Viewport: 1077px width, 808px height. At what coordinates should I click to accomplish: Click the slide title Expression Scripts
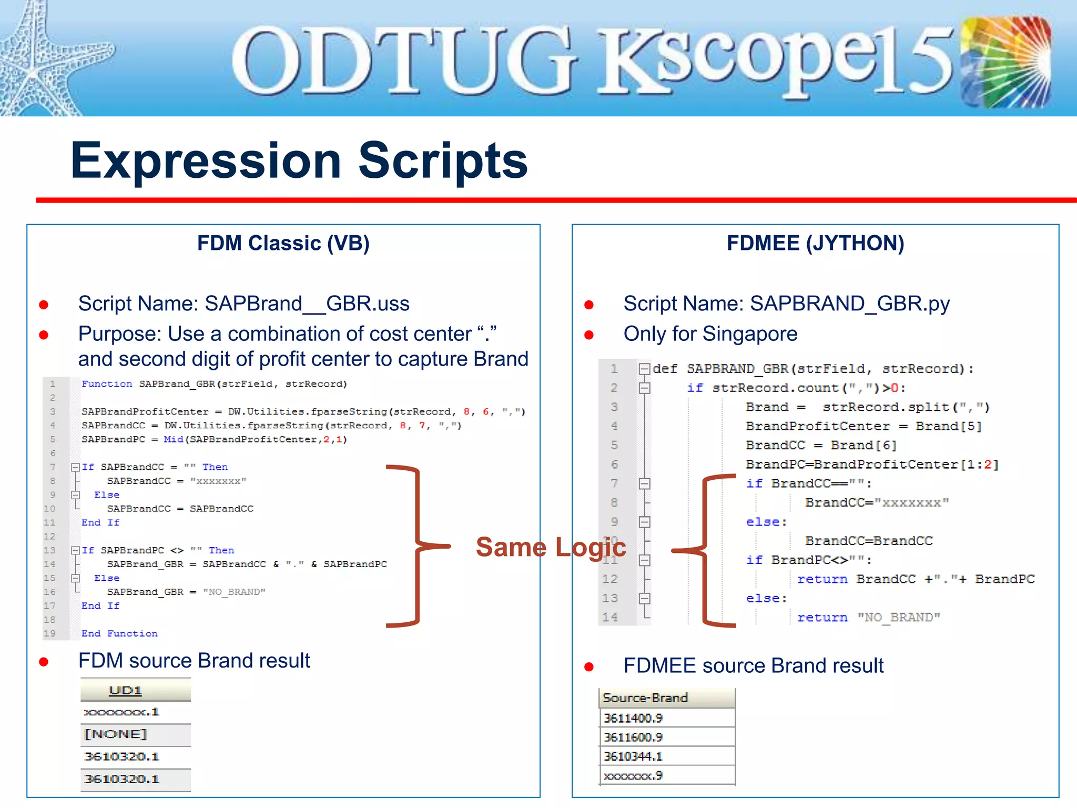tap(299, 160)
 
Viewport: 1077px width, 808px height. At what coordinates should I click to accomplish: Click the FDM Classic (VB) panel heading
tap(283, 243)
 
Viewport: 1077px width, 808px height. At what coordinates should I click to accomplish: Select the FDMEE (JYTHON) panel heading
tap(815, 243)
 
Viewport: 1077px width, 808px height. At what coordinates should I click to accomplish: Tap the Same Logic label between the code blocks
tap(550, 547)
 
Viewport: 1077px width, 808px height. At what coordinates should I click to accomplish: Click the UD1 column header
tap(125, 690)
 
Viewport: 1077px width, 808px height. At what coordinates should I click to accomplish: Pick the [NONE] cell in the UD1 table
tap(116, 734)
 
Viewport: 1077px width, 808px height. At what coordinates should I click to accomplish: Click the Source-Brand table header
tap(645, 698)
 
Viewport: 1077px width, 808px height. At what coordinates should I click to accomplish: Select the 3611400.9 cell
tap(633, 718)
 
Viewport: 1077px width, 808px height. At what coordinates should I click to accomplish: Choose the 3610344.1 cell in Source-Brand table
tap(633, 756)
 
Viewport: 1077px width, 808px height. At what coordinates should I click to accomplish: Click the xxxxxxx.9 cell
tap(633, 776)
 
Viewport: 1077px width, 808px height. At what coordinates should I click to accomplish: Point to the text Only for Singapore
tap(710, 334)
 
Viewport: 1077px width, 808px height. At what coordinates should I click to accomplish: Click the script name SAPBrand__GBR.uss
tap(307, 304)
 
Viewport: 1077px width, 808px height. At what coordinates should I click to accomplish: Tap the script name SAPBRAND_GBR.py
tap(849, 304)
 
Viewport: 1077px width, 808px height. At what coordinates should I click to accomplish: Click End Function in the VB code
tap(119, 633)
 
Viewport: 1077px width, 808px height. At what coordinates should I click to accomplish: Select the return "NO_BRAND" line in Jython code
tap(868, 618)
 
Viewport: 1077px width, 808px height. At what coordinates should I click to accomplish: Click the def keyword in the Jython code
tap(665, 369)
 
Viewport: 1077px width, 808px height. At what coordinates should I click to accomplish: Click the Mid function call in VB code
tap(173, 439)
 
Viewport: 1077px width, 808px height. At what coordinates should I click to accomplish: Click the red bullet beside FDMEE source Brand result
tap(589, 667)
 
